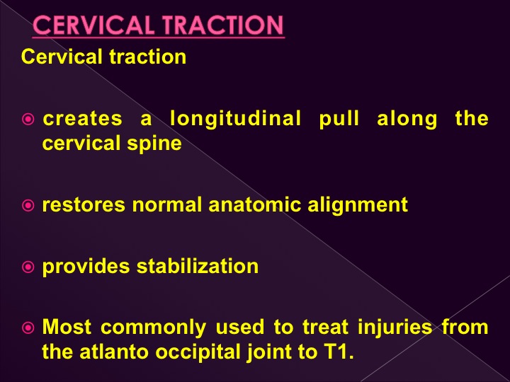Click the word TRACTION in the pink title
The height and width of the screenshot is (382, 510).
223,25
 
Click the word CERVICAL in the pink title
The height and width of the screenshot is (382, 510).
93,25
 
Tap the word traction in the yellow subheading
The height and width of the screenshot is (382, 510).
147,57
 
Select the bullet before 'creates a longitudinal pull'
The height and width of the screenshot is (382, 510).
28,120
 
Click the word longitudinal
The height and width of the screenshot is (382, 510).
235,120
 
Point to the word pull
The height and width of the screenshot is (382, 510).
339,120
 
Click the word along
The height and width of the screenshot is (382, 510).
407,120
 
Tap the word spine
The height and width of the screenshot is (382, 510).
154,144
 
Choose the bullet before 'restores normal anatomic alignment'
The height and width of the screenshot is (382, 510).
28,205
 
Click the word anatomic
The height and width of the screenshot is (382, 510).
255,205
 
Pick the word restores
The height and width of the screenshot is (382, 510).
84,205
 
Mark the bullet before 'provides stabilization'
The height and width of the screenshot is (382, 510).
28,267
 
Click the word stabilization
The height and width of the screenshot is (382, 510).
198,267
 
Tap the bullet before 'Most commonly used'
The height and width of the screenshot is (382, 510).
28,328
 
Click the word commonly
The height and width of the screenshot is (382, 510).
153,328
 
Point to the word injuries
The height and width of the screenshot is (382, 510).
395,328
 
